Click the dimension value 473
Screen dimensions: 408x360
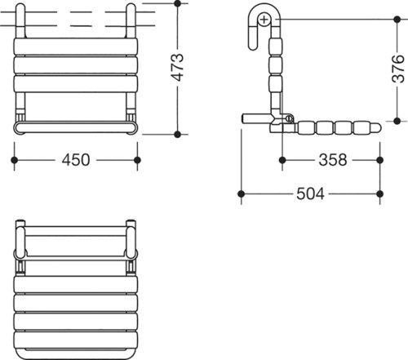click(178, 67)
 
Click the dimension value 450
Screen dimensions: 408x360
click(76, 160)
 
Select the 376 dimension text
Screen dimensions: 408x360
click(398, 69)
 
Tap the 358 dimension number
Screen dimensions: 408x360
click(333, 160)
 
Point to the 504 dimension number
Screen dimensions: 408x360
click(310, 193)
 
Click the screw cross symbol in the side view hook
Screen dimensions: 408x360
click(264, 20)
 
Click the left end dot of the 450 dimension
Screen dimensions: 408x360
click(14, 160)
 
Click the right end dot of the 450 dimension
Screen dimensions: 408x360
click(137, 160)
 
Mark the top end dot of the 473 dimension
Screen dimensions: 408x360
click(177, 3)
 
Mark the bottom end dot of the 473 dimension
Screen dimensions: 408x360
click(177, 134)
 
